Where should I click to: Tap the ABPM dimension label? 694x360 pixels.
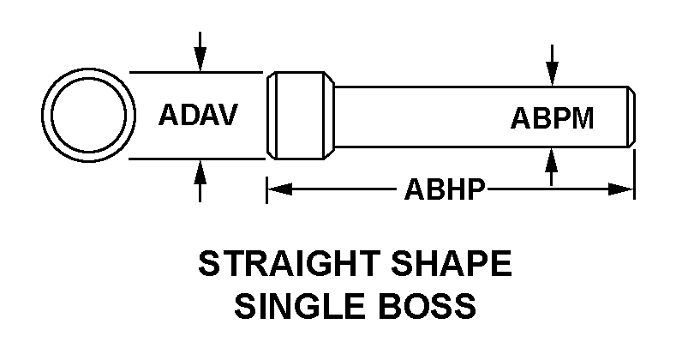(x=552, y=117)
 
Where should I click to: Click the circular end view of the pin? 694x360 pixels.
(x=91, y=115)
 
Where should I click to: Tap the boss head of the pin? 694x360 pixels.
(x=299, y=115)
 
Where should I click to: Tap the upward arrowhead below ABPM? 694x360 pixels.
(x=553, y=156)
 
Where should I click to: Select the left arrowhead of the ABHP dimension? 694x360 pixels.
(x=278, y=189)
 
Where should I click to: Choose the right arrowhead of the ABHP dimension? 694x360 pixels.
(x=622, y=189)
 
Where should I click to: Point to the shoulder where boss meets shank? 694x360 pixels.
(x=332, y=115)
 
